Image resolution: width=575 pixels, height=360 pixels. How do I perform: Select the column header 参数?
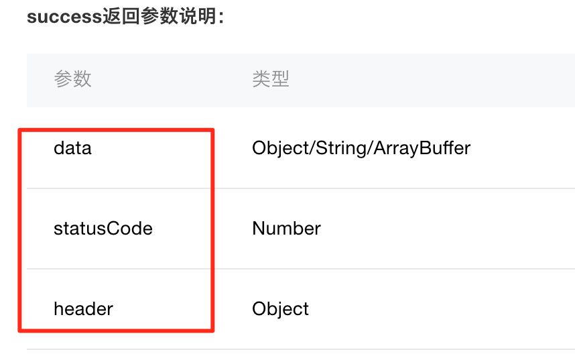pyautogui.click(x=72, y=79)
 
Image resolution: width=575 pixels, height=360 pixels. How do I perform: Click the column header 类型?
pyautogui.click(x=271, y=79)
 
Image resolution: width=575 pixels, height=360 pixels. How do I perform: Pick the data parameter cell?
pyautogui.click(x=72, y=147)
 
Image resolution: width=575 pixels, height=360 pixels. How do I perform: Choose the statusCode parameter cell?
pyautogui.click(x=103, y=229)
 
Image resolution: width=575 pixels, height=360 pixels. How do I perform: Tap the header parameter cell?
pyautogui.click(x=83, y=309)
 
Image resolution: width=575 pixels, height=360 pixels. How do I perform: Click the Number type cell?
pyautogui.click(x=286, y=229)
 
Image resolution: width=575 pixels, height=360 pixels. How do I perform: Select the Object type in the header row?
pyautogui.click(x=280, y=309)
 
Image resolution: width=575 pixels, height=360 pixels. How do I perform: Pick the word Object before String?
pyautogui.click(x=279, y=148)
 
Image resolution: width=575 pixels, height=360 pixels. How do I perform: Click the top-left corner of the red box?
pyautogui.click(x=19, y=130)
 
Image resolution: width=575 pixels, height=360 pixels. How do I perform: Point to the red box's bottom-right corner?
pyautogui.click(x=212, y=330)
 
